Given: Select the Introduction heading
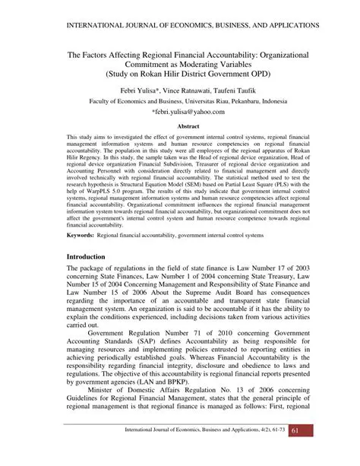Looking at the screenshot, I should pos(87,258).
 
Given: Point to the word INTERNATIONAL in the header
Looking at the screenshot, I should pos(79,25).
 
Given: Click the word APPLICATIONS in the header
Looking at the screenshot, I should pos(286,25).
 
